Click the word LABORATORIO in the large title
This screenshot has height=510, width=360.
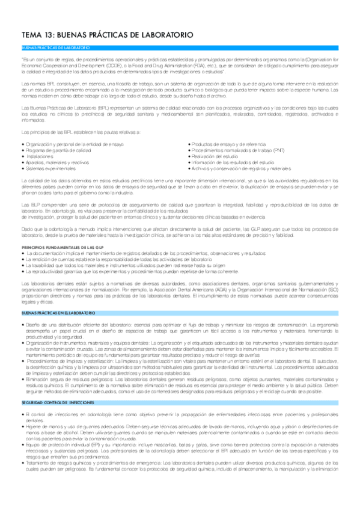point(165,35)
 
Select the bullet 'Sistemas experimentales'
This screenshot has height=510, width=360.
point(47,168)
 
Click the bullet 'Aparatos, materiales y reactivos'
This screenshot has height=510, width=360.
point(53,162)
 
